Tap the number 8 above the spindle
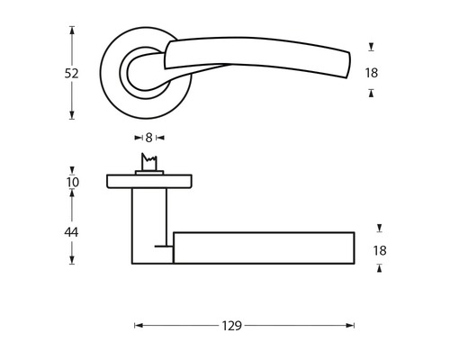point(148,138)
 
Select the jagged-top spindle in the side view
point(148,164)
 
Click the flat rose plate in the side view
point(148,182)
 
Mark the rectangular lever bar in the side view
point(263,247)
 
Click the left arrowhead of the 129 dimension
point(138,326)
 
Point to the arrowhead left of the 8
point(138,138)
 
